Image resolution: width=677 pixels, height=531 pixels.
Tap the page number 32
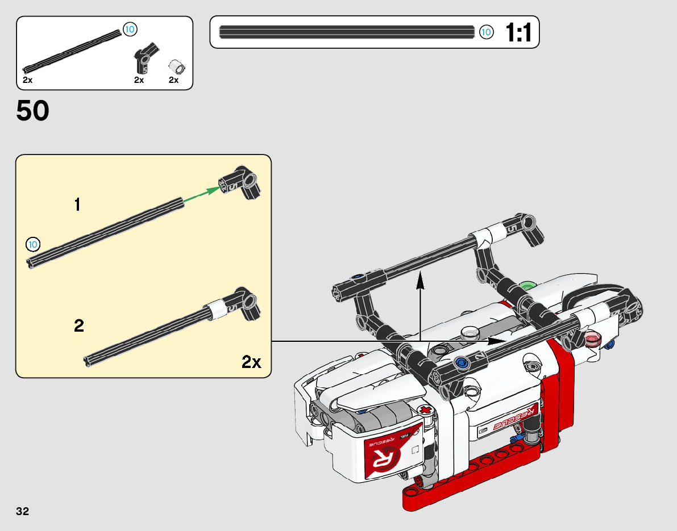tap(22, 511)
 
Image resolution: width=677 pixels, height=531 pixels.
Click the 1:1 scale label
tap(518, 32)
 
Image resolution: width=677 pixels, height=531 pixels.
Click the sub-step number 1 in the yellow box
tap(78, 204)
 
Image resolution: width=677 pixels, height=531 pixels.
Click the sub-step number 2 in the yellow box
tap(78, 325)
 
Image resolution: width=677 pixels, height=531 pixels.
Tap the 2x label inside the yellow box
tap(251, 362)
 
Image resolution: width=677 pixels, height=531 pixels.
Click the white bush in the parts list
tap(176, 67)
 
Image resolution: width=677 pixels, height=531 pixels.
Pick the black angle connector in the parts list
tap(145, 58)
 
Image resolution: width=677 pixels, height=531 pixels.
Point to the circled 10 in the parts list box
tap(130, 30)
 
